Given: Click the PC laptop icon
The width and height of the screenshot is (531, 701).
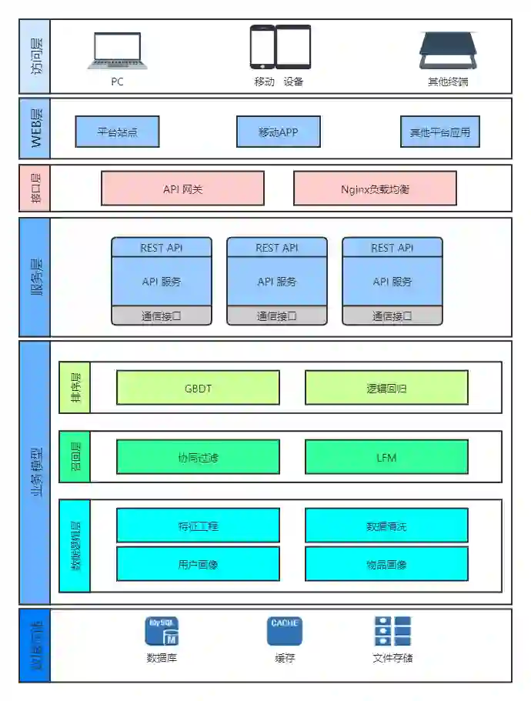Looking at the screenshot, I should (x=117, y=52).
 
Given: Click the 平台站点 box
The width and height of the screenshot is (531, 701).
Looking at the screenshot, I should (x=117, y=132).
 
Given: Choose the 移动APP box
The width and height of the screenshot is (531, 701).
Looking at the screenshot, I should (x=278, y=132).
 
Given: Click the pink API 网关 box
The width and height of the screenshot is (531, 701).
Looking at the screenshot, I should (x=182, y=189).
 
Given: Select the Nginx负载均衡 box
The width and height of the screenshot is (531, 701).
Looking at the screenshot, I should (x=375, y=189).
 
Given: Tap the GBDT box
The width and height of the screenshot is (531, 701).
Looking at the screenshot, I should (x=198, y=388).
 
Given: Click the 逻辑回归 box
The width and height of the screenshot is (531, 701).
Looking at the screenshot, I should (x=386, y=388).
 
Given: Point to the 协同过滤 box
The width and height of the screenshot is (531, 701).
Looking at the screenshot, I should (x=198, y=457).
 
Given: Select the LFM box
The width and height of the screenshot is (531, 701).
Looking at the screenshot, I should (x=386, y=457).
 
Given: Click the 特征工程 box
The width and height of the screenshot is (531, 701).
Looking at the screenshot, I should (x=198, y=526).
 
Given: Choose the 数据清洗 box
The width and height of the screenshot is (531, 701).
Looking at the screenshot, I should (x=386, y=526).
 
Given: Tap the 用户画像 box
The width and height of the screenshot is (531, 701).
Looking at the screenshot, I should (x=198, y=563).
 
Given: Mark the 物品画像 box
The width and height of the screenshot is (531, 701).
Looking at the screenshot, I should (x=386, y=563).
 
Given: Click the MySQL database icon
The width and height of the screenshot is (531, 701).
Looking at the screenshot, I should (x=162, y=631).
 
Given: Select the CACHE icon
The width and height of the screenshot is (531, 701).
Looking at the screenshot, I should (x=285, y=631).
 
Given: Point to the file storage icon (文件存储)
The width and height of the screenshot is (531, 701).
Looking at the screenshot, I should (x=392, y=631).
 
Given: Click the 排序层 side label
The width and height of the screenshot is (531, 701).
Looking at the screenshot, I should (x=75, y=388).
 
